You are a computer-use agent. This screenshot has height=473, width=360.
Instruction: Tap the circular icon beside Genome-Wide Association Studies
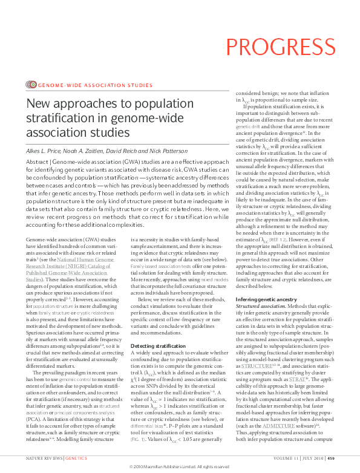31,85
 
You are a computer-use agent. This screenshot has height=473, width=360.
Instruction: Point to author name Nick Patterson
173,149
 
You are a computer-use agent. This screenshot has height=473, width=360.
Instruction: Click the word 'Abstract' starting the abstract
38,163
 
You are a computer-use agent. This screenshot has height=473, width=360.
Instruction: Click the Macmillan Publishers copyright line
180,468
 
